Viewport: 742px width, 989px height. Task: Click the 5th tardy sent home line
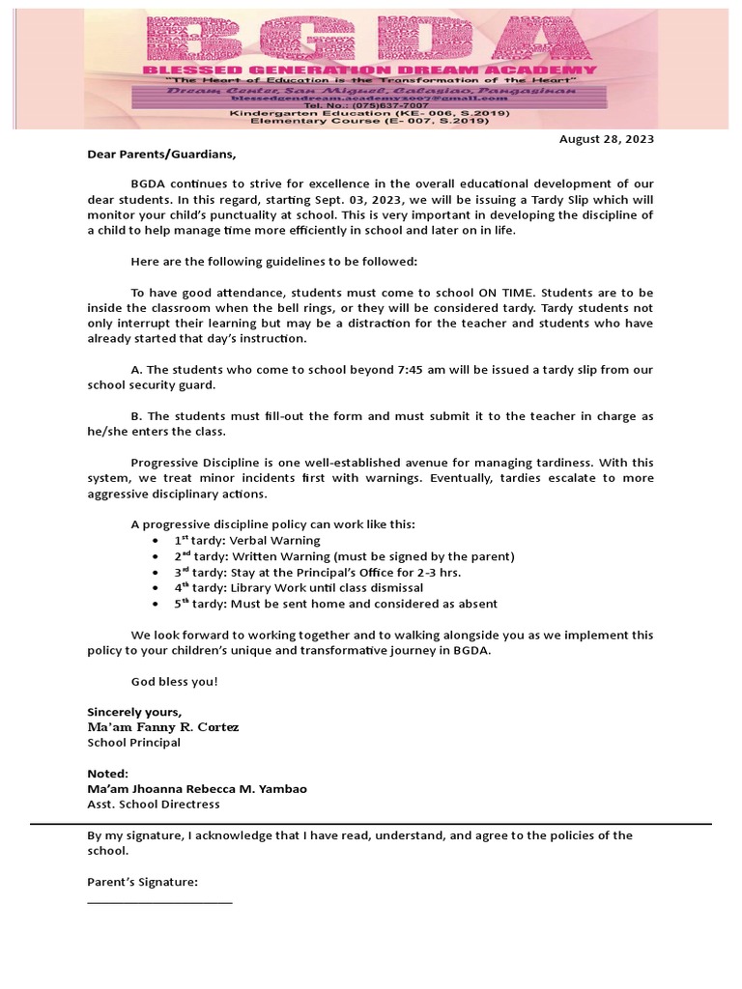[x=335, y=604]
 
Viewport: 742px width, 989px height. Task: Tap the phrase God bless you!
[x=175, y=681]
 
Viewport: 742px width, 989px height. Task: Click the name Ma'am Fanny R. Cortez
[x=163, y=726]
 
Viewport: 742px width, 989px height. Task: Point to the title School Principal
[x=133, y=743]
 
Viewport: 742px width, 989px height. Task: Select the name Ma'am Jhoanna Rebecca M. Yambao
[x=197, y=789]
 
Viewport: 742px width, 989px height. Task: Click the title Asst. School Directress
[x=154, y=805]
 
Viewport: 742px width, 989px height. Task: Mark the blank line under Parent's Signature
[x=159, y=902]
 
